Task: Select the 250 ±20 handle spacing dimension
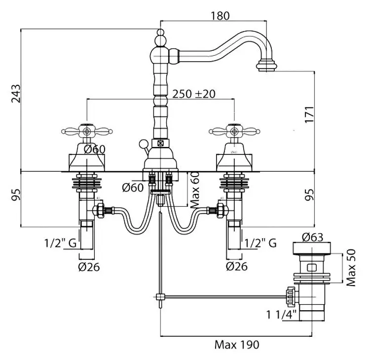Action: point(194,94)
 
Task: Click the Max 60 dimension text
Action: point(195,190)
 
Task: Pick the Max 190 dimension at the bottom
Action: point(237,344)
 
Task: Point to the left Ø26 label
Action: point(89,267)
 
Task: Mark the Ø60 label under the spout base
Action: point(133,187)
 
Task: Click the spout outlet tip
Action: point(268,66)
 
